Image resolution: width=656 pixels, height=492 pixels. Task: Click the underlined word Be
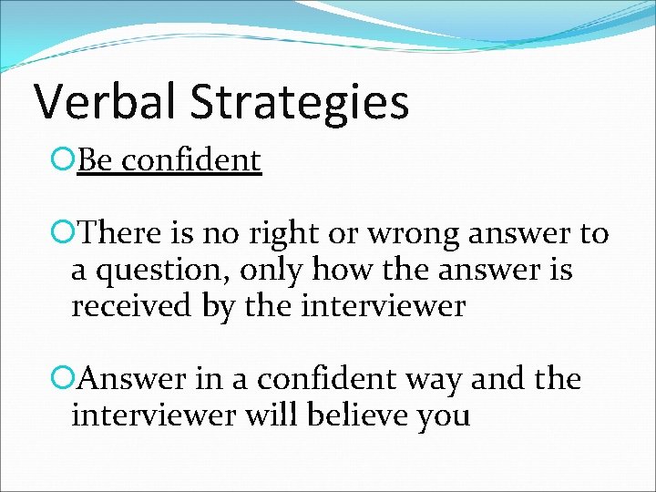pyautogui.click(x=95, y=160)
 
